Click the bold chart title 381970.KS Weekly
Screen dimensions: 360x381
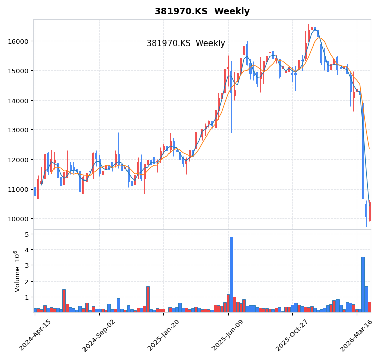[x=202, y=11]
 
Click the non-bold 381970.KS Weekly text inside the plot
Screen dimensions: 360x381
[x=186, y=43]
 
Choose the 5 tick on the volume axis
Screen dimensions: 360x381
[x=25, y=234]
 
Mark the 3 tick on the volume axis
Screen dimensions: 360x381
[x=25, y=265]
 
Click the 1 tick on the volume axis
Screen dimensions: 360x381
[x=25, y=297]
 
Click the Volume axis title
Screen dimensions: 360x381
[x=17, y=271]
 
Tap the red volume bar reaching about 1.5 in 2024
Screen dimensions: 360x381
[x=64, y=301]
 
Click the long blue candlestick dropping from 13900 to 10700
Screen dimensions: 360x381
[x=363, y=152]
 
